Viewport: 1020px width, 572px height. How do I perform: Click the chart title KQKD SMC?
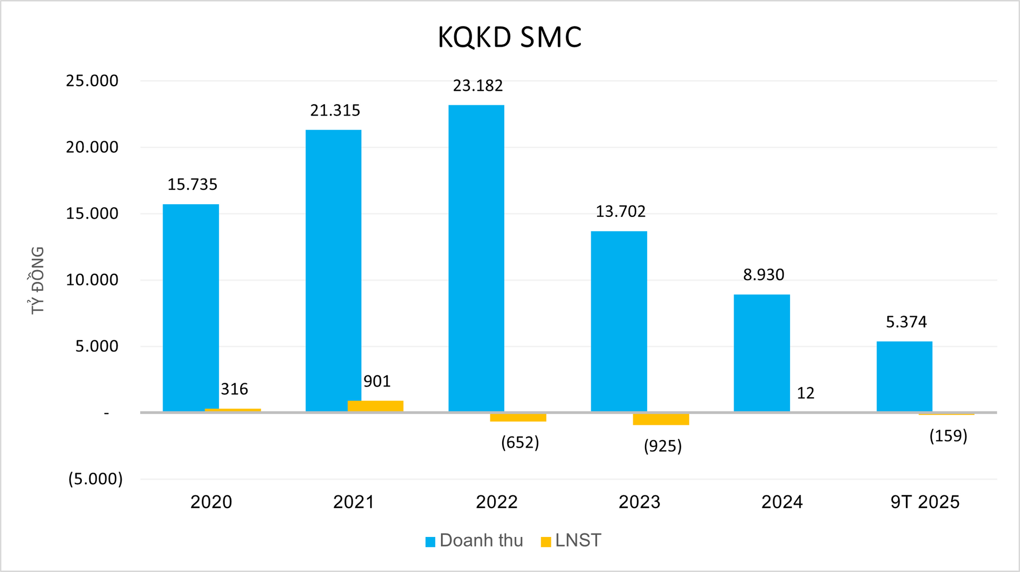[x=509, y=37]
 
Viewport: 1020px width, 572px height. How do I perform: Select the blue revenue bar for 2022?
[x=476, y=258]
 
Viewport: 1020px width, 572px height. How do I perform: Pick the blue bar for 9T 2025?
[x=904, y=376]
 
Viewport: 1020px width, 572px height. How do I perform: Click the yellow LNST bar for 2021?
[x=376, y=406]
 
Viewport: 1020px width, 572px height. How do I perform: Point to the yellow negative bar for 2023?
[x=661, y=419]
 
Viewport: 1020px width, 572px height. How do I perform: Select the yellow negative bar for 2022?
[x=518, y=417]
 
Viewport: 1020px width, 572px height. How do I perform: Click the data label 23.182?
[x=478, y=86]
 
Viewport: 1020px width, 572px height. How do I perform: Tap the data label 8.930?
[x=763, y=275]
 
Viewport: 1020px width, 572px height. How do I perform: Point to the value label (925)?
[x=662, y=445]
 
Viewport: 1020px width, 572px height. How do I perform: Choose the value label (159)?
[x=948, y=436]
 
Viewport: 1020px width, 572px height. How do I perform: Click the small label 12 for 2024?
[x=805, y=393]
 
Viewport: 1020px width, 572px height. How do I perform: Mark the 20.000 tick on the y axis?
[x=92, y=147]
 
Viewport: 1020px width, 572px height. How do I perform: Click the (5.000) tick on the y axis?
[x=95, y=479]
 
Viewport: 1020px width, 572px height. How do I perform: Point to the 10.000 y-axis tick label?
[x=92, y=280]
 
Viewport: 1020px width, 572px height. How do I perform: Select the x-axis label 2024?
[x=781, y=502]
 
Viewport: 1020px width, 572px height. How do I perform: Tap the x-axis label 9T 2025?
[x=925, y=502]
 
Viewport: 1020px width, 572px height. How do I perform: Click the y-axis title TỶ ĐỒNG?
[x=37, y=280]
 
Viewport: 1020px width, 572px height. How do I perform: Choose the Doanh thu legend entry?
[x=474, y=541]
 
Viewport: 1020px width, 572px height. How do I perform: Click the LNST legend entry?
[x=571, y=541]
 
